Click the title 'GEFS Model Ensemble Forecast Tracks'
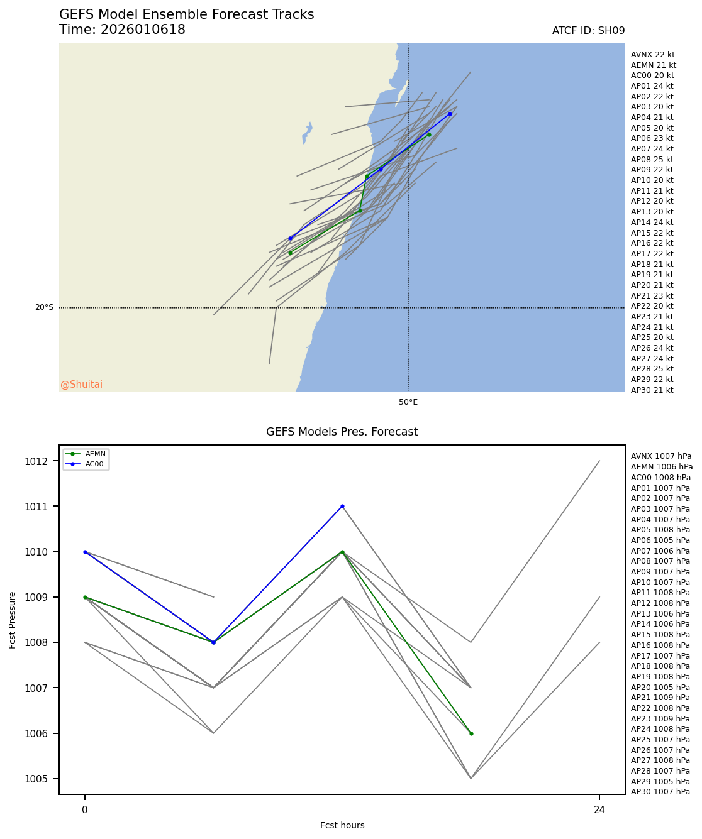186,14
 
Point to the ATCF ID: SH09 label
588,31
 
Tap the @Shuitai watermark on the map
81,385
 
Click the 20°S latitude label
44,307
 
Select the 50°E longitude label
408,402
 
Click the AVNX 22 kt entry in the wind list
652,55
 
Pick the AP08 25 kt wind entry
652,160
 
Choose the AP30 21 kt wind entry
652,390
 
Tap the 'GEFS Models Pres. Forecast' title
342,432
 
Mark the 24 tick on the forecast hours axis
599,810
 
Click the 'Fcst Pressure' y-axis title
13,620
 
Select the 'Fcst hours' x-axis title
342,825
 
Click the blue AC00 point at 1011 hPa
342,506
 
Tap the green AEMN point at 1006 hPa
471,733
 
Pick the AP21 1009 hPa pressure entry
660,698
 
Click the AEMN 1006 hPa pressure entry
661,467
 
